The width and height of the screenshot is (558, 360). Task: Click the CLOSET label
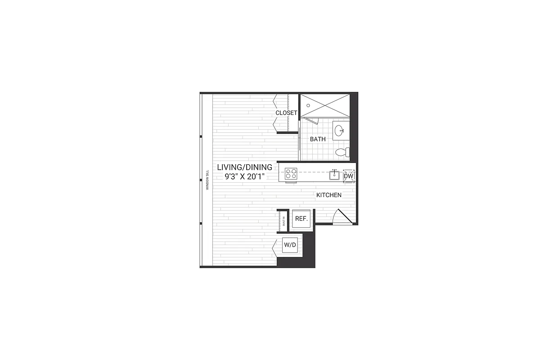tap(286, 113)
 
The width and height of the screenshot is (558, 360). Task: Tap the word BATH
tap(318, 139)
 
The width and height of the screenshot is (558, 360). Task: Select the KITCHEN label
tap(328, 195)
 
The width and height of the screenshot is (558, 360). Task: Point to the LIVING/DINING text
tap(244, 167)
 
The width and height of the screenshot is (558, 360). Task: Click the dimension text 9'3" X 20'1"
tap(244, 177)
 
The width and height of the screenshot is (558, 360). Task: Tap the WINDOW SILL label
tap(207, 180)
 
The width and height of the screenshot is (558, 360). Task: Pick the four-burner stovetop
tap(291, 173)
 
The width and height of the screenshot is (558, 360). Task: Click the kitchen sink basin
tap(334, 175)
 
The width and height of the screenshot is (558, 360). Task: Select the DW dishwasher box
tap(349, 176)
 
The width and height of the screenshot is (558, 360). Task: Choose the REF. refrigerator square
tap(301, 219)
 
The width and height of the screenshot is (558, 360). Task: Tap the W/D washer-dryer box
tap(289, 246)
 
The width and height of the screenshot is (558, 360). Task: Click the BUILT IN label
tap(284, 220)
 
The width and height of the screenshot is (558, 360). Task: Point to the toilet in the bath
tap(342, 152)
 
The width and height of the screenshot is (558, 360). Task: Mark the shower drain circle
tap(308, 105)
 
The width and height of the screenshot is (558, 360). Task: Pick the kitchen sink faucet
tap(334, 171)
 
